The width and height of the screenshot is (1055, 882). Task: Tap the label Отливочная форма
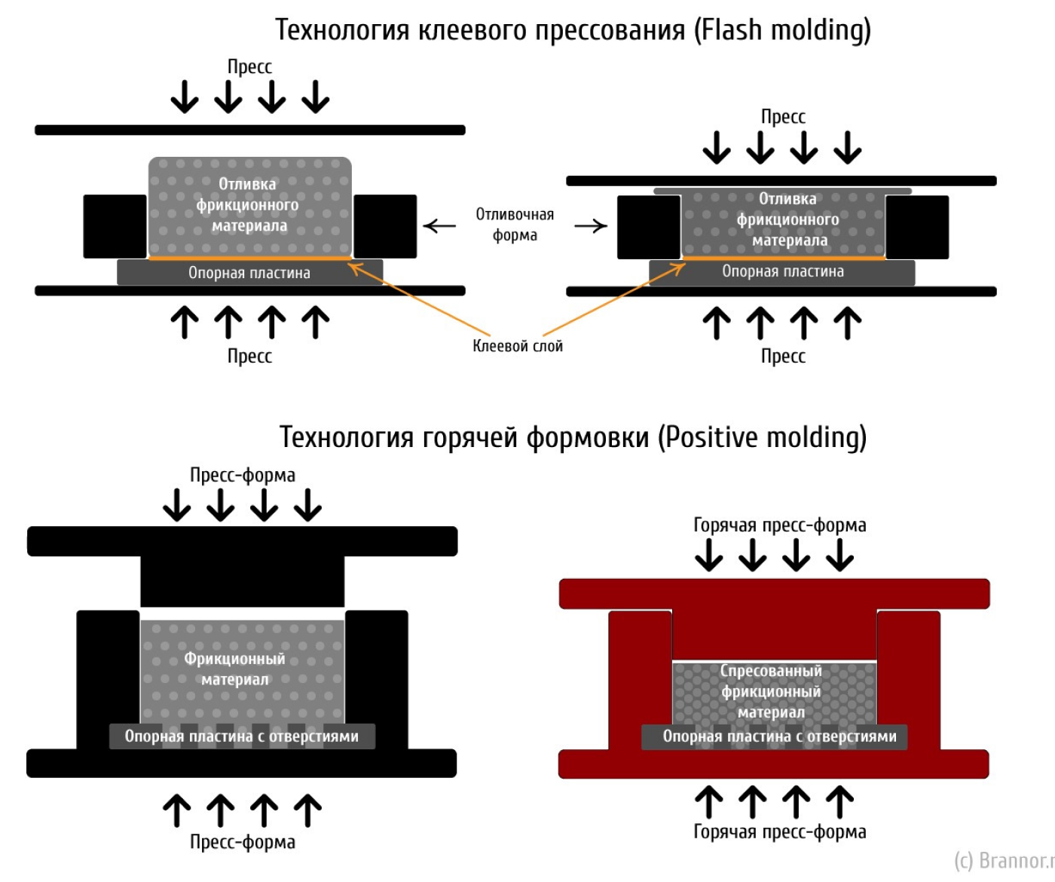515,225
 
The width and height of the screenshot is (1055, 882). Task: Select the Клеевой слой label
518,346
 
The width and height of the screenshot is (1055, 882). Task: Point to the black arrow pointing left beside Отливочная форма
439,225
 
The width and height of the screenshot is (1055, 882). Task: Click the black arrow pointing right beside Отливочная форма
591,225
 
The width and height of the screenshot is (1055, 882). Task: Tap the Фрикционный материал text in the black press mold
235,669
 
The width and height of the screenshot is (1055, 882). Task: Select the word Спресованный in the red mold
771,671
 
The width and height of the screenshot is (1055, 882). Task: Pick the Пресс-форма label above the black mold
243,475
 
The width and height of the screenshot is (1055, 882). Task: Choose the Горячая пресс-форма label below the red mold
780,831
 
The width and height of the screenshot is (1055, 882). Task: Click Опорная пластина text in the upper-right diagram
783,271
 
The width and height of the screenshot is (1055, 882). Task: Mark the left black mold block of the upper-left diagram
115,226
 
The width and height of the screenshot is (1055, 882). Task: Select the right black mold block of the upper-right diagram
917,227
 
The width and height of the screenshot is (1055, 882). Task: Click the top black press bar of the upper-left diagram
250,130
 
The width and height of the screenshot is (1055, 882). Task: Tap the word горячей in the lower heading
470,437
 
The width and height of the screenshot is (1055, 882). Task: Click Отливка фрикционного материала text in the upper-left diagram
249,205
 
